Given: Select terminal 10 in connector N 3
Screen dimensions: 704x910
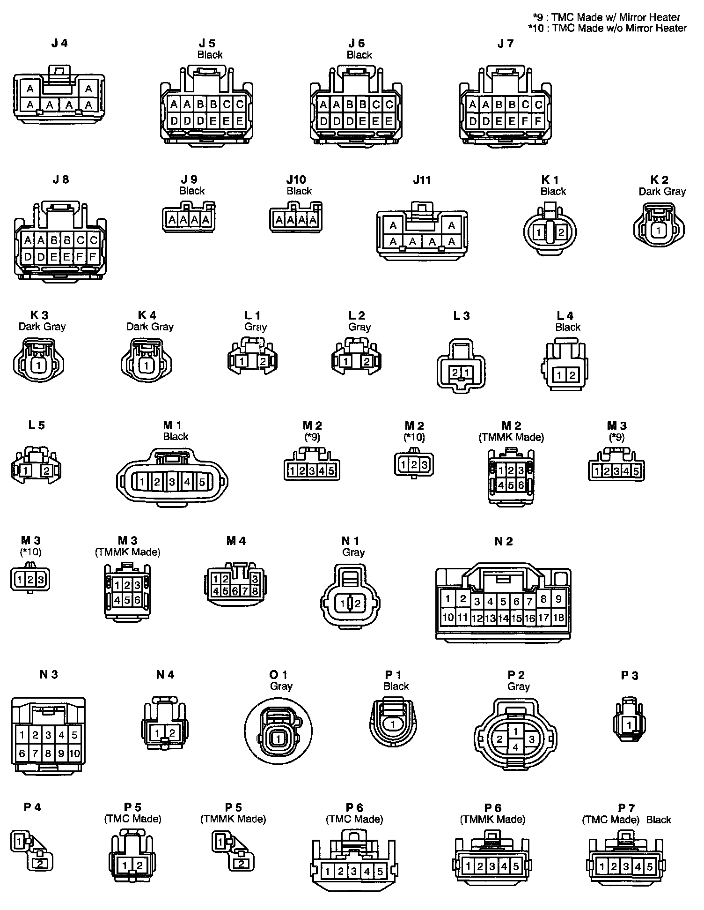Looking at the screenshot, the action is [x=74, y=753].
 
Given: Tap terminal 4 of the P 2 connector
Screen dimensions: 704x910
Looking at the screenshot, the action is [x=515, y=747].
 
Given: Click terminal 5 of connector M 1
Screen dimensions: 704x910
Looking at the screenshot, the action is [x=202, y=482].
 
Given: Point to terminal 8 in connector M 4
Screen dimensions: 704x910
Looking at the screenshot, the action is [x=255, y=591].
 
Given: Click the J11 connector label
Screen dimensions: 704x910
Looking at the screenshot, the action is [x=422, y=180].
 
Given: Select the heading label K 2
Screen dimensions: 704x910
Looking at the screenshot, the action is [x=659, y=180].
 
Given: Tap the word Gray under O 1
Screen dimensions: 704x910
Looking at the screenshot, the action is [x=281, y=686].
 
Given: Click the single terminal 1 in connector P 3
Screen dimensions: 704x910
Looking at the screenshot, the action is [x=629, y=725].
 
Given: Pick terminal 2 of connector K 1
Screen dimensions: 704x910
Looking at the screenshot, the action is [x=561, y=232].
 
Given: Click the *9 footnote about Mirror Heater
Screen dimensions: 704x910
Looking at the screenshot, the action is [x=607, y=17].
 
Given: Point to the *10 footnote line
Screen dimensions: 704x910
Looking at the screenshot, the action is [x=607, y=28].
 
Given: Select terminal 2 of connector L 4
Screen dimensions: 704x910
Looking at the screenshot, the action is [x=572, y=375].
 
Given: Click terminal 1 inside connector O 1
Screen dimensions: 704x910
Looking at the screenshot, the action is [x=278, y=739].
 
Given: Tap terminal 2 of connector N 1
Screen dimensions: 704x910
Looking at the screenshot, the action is [x=357, y=604].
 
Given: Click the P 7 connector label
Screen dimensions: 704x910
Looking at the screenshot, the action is [x=626, y=808].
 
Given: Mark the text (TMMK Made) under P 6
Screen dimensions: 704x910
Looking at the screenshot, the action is [x=492, y=819].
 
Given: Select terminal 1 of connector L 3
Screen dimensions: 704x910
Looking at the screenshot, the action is [x=466, y=373].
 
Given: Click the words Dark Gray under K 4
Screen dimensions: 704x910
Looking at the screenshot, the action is [x=150, y=327].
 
